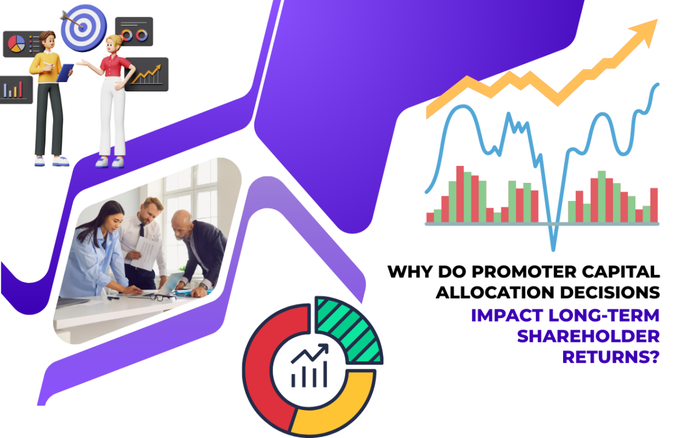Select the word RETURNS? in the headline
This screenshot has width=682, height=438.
tap(610, 356)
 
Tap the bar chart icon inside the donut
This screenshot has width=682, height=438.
tap(310, 367)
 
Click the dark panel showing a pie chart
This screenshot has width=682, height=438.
tap(22, 44)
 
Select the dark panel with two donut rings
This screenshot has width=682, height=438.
tap(134, 31)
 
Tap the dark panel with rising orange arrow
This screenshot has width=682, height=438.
tap(146, 75)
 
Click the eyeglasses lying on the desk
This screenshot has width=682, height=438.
tap(161, 296)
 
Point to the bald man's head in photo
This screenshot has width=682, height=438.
tap(182, 223)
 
